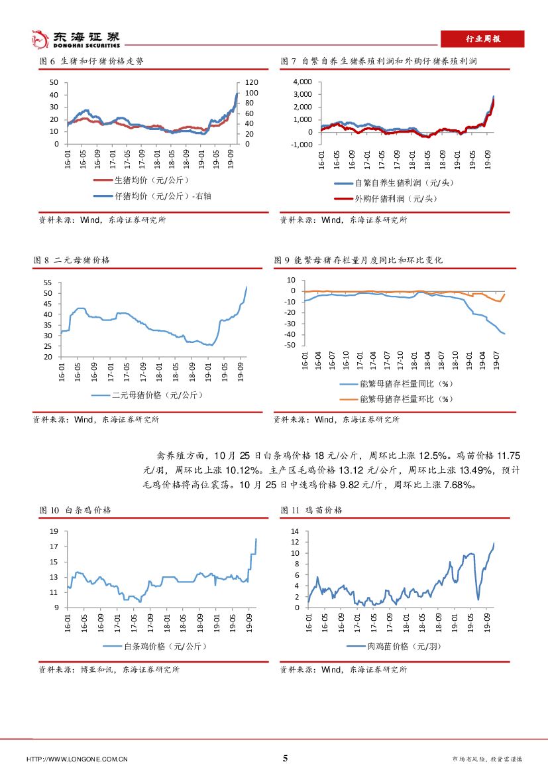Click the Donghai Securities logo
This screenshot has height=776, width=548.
(77, 39)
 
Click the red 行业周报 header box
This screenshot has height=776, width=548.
(482, 39)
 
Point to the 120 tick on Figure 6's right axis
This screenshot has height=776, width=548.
(252, 82)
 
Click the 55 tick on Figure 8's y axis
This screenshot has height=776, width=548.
(47, 283)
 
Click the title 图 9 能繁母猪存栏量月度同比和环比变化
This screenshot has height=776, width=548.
(358, 260)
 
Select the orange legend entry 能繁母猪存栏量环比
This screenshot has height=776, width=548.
(406, 399)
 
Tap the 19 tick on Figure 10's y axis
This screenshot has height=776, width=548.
(55, 531)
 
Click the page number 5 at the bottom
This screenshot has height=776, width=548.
(286, 758)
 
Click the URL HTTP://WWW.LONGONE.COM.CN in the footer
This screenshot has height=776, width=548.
(77, 759)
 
